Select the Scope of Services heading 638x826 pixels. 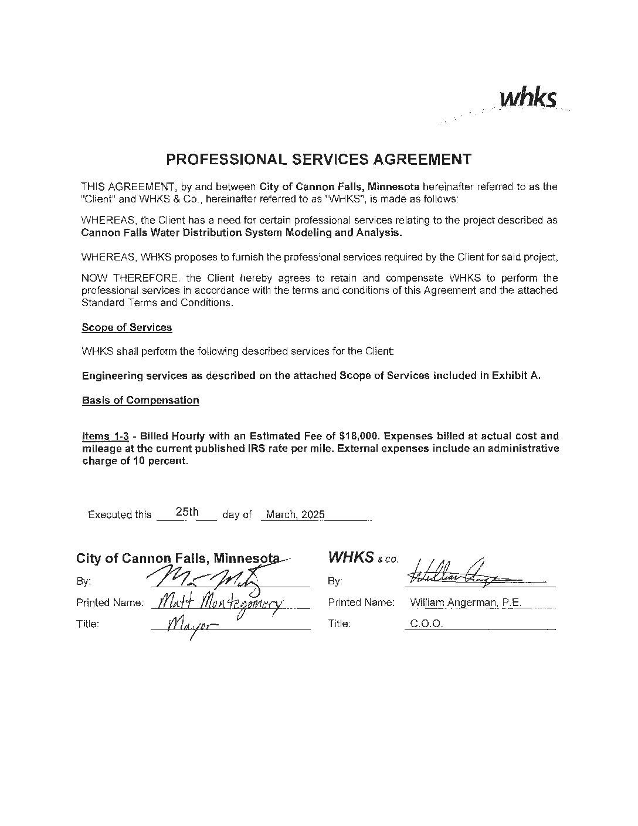tap(127, 327)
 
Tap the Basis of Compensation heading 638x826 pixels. tap(140, 400)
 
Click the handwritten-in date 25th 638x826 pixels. tap(187, 512)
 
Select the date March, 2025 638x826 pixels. tap(295, 514)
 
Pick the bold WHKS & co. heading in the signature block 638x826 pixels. tap(363, 557)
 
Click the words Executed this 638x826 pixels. tap(119, 514)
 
